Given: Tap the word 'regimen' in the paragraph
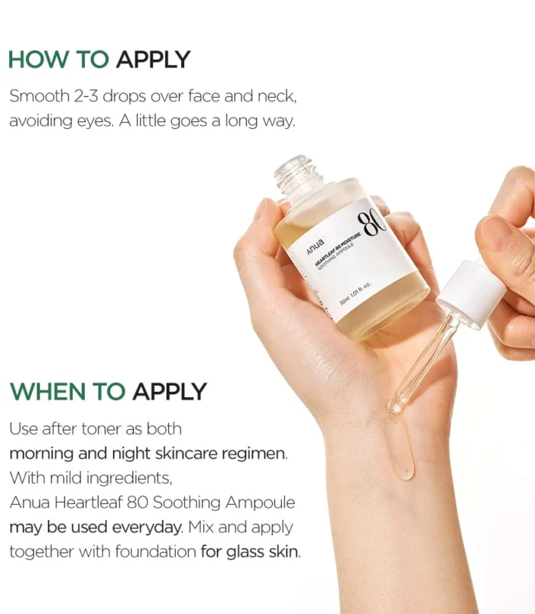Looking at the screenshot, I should click(x=257, y=454).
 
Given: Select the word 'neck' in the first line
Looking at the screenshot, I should click(x=276, y=97).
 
